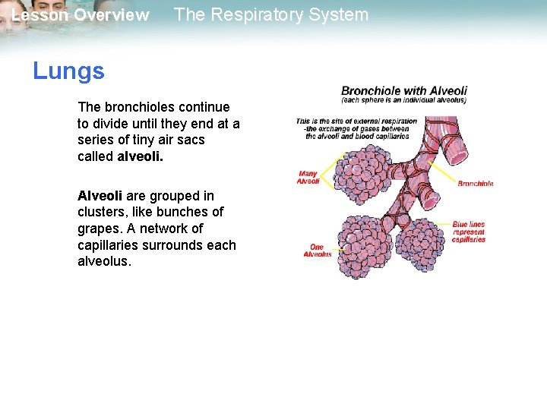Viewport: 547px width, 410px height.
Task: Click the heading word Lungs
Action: [68, 71]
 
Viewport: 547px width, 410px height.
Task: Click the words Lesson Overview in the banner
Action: [81, 15]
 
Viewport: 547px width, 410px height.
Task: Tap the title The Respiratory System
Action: [271, 14]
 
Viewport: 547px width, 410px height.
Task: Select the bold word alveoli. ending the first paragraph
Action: [141, 156]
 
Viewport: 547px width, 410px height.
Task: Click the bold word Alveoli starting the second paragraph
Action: [100, 196]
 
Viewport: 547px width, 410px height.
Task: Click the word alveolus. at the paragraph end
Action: [105, 261]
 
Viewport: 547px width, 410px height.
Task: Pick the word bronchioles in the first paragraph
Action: [141, 107]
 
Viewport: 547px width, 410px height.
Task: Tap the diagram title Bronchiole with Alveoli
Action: [403, 90]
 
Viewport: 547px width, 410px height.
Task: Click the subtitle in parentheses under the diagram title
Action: [403, 100]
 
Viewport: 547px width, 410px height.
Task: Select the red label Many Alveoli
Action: [308, 178]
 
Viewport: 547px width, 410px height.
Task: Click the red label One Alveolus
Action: [317, 251]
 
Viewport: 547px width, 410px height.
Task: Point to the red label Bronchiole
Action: [475, 184]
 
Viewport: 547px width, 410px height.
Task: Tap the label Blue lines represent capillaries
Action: [468, 232]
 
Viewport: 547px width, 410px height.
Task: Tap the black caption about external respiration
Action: [356, 129]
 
